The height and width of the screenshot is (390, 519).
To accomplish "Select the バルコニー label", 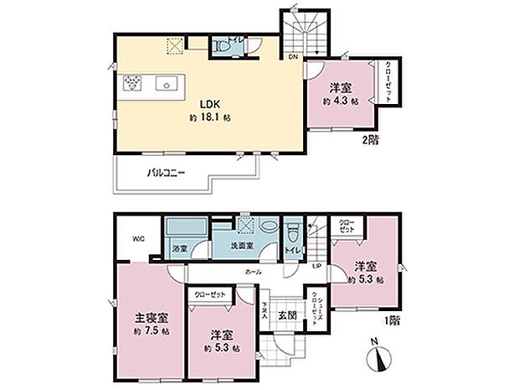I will [x=166, y=173].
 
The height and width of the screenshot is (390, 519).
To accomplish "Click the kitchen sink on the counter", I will [x=163, y=84].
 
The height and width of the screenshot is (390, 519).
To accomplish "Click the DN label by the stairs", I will [x=293, y=57].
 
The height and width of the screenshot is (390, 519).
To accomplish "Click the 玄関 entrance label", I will [x=287, y=315].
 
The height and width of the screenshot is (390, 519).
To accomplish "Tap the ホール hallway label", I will [x=253, y=273].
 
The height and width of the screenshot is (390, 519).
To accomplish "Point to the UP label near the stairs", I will [x=316, y=267].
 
